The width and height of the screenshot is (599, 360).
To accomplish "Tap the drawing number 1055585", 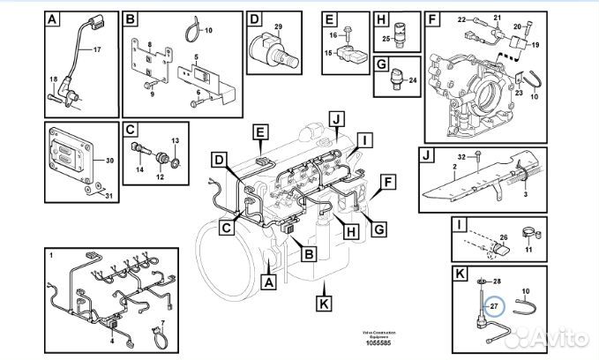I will [373, 341].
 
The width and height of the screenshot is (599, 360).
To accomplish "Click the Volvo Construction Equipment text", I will [374, 333].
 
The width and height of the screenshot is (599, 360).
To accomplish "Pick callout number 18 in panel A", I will [53, 80].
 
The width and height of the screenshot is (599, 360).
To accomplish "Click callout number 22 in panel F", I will [461, 18].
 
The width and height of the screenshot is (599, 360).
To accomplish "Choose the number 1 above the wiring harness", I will [51, 255].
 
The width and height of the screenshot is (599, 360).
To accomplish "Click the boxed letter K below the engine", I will [324, 303].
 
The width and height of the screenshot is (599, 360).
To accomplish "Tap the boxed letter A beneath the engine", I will [270, 282].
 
